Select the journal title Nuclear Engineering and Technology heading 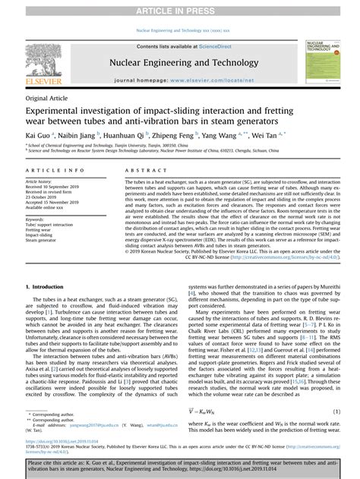coord(180,62)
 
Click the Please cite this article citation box coord(180,464)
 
